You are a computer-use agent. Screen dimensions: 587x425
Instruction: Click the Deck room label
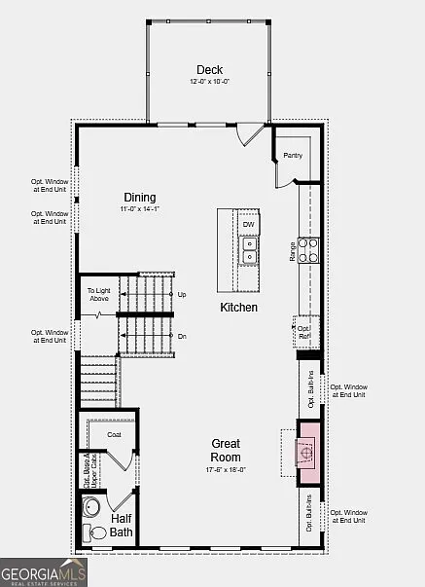point(209,69)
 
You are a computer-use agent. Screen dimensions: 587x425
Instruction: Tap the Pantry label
point(293,155)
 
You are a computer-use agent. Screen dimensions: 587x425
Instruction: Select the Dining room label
point(139,197)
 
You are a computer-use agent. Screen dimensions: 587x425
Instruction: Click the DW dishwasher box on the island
point(249,225)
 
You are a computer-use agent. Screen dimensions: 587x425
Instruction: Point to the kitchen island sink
point(249,251)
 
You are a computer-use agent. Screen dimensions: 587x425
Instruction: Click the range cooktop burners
point(308,250)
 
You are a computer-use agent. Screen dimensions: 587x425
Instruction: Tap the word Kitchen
point(238,308)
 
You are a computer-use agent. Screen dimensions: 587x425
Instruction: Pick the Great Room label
point(226,450)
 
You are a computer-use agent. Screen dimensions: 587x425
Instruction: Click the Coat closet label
point(113,434)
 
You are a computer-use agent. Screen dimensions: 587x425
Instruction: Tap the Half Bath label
point(122,526)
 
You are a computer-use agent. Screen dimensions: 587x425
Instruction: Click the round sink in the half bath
point(93,507)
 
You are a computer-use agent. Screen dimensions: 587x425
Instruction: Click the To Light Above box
point(98,294)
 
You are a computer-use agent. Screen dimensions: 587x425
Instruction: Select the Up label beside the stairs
point(182,294)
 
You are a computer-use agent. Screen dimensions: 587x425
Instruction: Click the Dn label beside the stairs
point(182,336)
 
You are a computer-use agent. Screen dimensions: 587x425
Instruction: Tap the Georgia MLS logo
point(43,571)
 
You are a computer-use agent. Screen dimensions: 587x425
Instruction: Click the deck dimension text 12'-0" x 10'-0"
point(209,82)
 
